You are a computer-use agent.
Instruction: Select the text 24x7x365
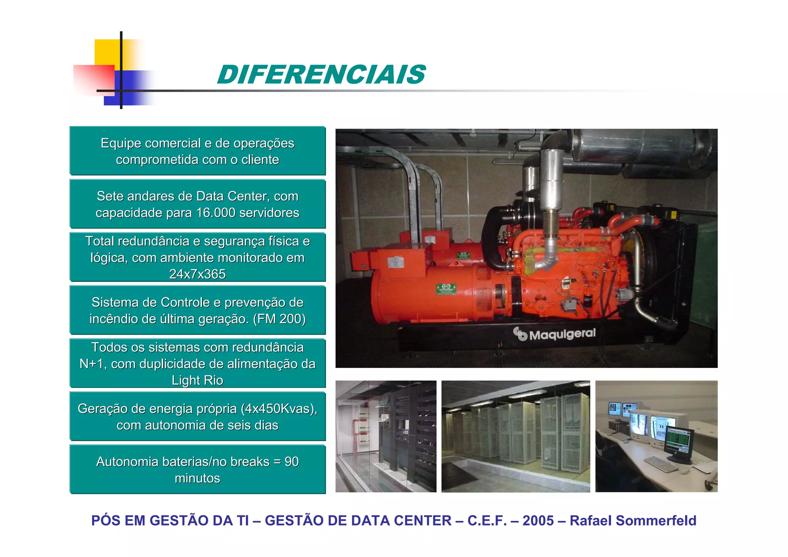click(x=197, y=274)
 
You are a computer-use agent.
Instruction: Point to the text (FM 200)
click(x=279, y=319)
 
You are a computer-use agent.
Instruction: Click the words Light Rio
click(x=197, y=380)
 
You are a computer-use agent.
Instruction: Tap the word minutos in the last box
click(x=197, y=478)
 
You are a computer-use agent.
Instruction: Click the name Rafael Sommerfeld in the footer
click(x=633, y=520)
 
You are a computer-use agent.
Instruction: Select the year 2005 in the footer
click(x=538, y=520)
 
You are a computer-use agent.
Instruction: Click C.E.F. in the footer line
click(x=487, y=520)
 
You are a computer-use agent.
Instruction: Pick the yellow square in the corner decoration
click(x=107, y=52)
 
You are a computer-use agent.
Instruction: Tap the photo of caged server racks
click(x=516, y=436)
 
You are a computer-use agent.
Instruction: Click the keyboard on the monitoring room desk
click(x=660, y=463)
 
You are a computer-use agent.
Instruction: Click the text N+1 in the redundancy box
click(x=91, y=364)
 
